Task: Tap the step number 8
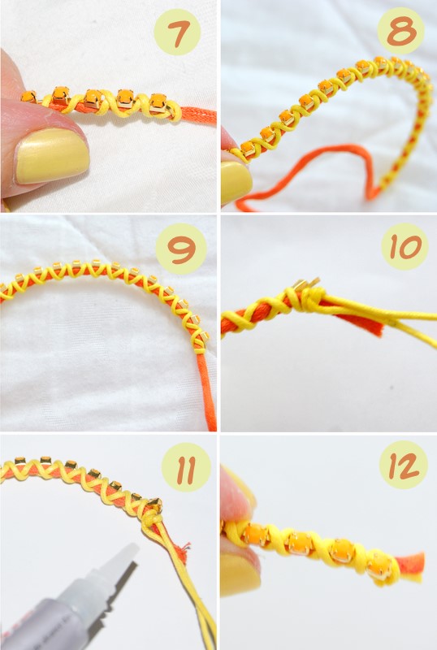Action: pos(401,32)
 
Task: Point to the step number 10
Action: pos(405,248)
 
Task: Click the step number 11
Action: pos(186,469)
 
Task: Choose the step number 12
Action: pos(403,466)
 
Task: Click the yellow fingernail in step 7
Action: pos(52,155)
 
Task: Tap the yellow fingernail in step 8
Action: pos(236,181)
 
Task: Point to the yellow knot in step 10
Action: pos(309,297)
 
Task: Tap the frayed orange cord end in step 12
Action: pos(411,564)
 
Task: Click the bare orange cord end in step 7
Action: pos(199,115)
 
